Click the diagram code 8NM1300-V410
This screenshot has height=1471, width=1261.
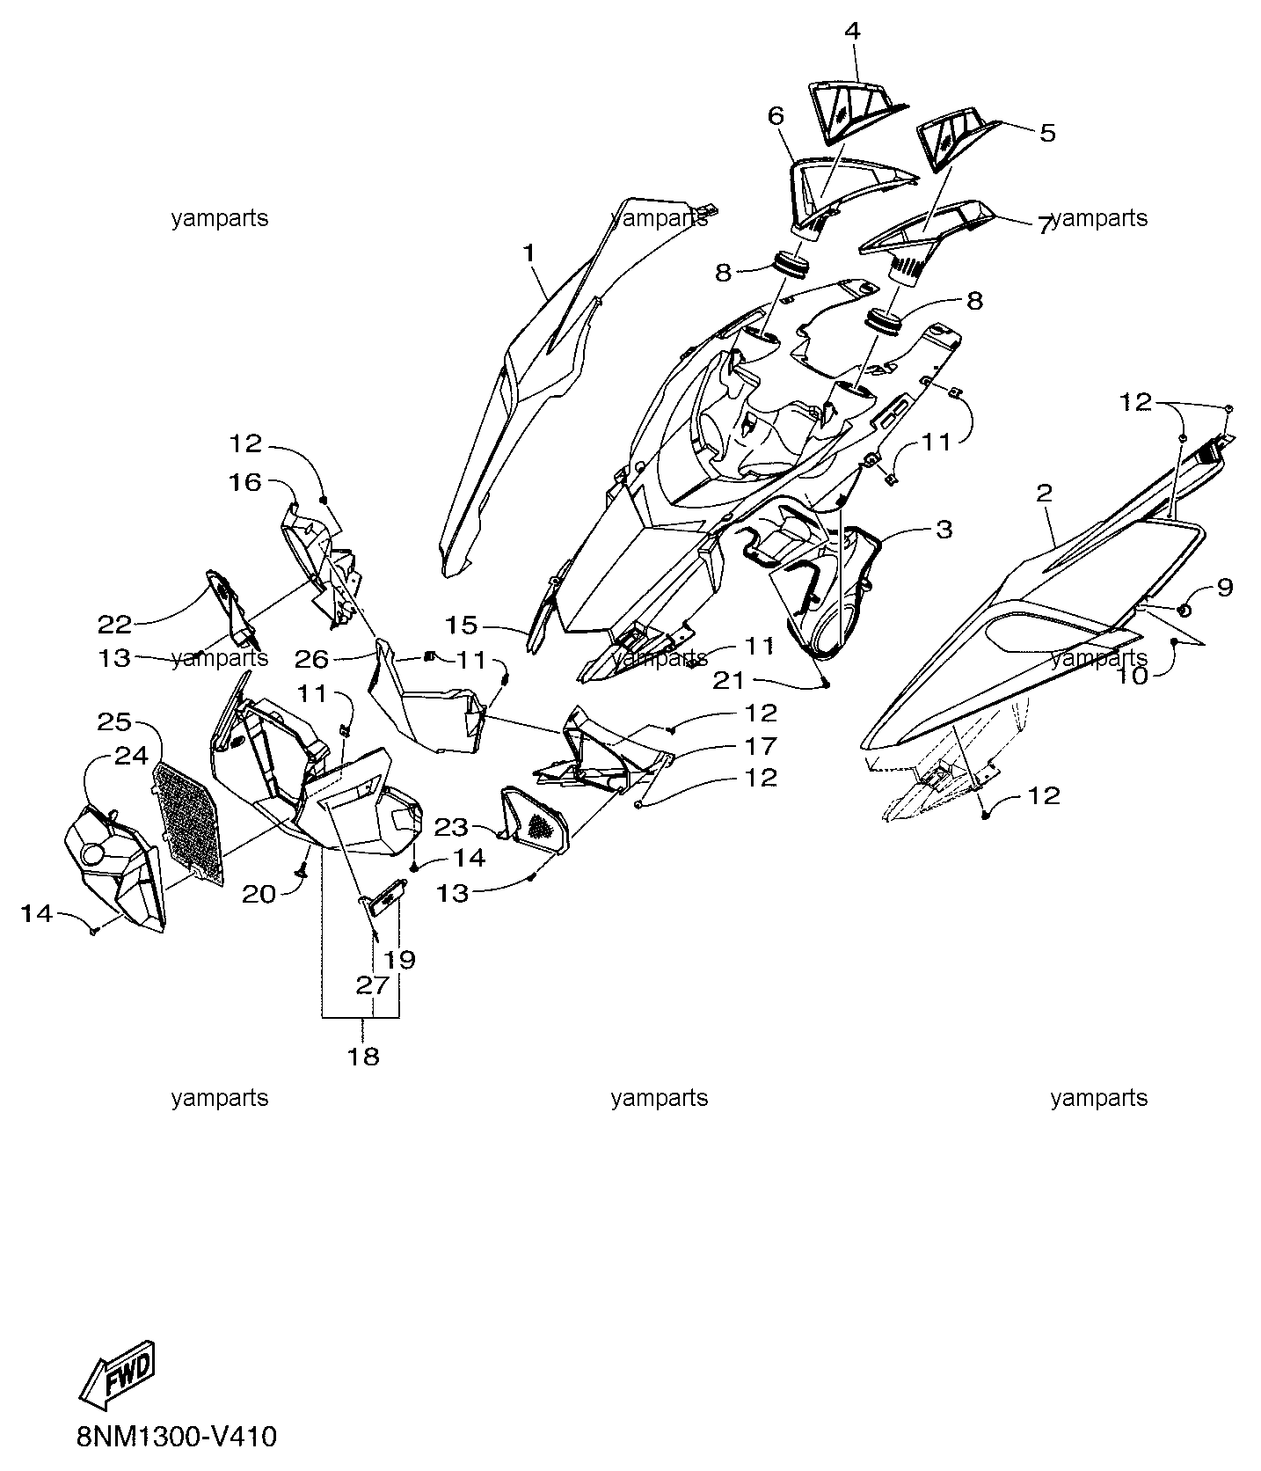pyautogui.click(x=177, y=1438)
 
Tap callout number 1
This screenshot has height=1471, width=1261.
pyautogui.click(x=528, y=253)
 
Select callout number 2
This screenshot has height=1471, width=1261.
pyautogui.click(x=1044, y=494)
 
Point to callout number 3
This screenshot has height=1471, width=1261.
pyautogui.click(x=944, y=530)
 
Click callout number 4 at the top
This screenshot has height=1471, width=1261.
pyautogui.click(x=852, y=31)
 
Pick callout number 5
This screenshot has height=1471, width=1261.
pyautogui.click(x=1046, y=133)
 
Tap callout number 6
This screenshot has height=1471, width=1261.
pyautogui.click(x=775, y=116)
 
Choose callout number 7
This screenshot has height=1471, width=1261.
pyautogui.click(x=1044, y=227)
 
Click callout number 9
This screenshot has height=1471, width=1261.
pyautogui.click(x=1226, y=587)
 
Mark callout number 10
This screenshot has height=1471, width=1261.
pyautogui.click(x=1134, y=677)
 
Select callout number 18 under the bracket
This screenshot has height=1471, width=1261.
pyautogui.click(x=363, y=1056)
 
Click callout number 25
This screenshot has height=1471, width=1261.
pyautogui.click(x=114, y=722)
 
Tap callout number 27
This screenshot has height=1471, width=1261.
pyautogui.click(x=372, y=985)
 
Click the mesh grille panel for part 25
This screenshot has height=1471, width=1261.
pyautogui.click(x=189, y=822)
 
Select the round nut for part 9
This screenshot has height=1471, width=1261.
pyautogui.click(x=1184, y=611)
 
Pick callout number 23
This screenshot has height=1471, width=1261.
pyautogui.click(x=451, y=827)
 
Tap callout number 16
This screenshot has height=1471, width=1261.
pyautogui.click(x=246, y=482)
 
